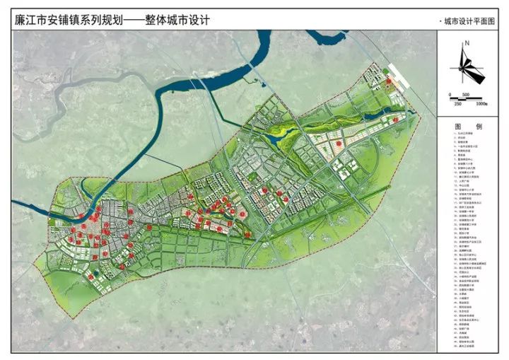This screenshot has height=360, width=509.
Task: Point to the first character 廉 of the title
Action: click(20, 21)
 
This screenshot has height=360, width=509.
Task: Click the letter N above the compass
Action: click(467, 45)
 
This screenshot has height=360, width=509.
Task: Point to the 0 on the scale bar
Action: click(449, 94)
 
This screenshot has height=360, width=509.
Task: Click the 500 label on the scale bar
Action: click(467, 94)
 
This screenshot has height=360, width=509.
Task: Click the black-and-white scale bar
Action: click(467, 99)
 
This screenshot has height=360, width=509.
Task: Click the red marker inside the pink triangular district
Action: click(339, 144)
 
